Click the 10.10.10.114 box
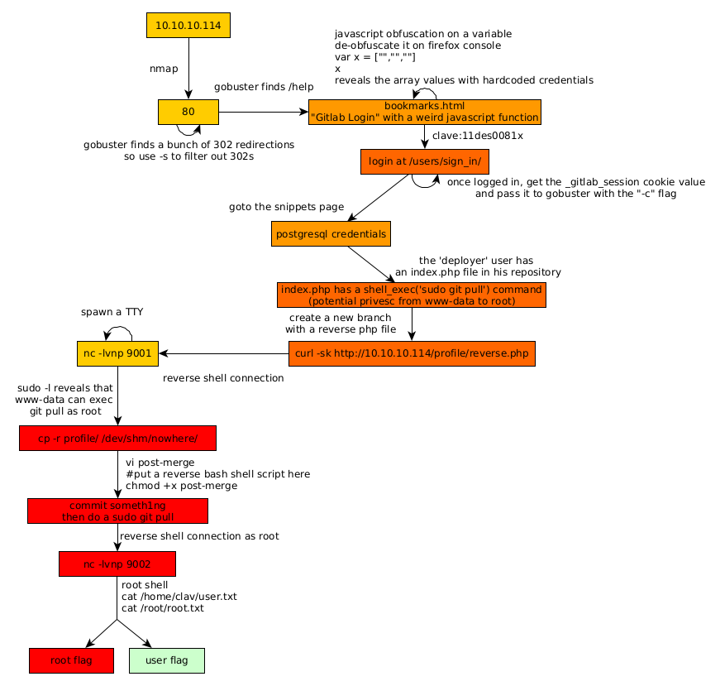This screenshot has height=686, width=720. click(188, 26)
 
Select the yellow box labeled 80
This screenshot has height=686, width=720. click(188, 112)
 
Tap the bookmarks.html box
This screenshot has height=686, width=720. click(424, 112)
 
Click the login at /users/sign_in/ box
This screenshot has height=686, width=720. click(425, 161)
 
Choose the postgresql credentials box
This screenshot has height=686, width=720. click(331, 234)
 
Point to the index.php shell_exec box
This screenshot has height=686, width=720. click(412, 295)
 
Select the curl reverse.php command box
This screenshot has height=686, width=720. click(411, 354)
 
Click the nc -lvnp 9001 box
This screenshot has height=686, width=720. click(117, 354)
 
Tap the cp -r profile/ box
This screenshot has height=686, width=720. click(117, 439)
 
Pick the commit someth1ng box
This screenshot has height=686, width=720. click(117, 511)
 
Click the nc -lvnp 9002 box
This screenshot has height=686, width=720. click(117, 564)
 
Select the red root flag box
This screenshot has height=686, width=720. click(71, 660)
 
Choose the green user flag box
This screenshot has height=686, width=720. click(167, 660)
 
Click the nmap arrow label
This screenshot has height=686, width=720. click(163, 69)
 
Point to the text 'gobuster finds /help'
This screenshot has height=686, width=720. click(264, 87)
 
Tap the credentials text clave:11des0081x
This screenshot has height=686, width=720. click(478, 135)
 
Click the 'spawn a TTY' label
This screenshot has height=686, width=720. click(112, 312)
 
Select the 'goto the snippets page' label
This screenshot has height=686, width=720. click(286, 207)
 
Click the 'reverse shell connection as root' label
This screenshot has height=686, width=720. click(199, 536)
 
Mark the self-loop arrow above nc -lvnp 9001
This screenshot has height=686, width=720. click(119, 331)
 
